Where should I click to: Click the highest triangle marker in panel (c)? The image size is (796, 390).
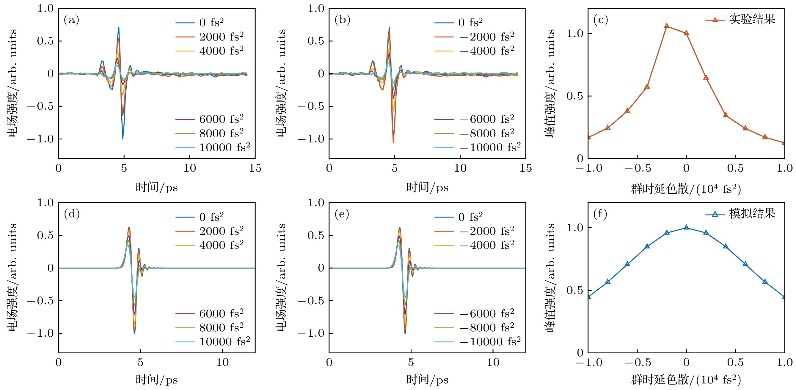[x=667, y=26]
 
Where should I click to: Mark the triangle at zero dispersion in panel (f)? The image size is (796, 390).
[x=686, y=228]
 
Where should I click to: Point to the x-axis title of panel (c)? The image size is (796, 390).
[x=686, y=189]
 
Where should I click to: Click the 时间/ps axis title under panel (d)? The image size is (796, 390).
[x=157, y=380]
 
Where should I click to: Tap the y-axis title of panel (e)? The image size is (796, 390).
[x=281, y=277]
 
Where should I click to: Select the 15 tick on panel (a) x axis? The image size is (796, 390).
[x=255, y=168]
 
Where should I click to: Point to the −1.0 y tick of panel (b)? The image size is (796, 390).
[x=310, y=139]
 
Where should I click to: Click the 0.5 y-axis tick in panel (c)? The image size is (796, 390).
[x=574, y=96]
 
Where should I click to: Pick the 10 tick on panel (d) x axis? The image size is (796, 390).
[x=222, y=363]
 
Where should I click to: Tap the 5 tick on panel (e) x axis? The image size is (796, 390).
[x=411, y=363]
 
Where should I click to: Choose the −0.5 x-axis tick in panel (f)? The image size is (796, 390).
[x=637, y=363]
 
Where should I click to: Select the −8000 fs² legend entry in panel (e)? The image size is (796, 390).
[x=487, y=327]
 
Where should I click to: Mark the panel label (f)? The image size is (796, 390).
[x=600, y=214]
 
